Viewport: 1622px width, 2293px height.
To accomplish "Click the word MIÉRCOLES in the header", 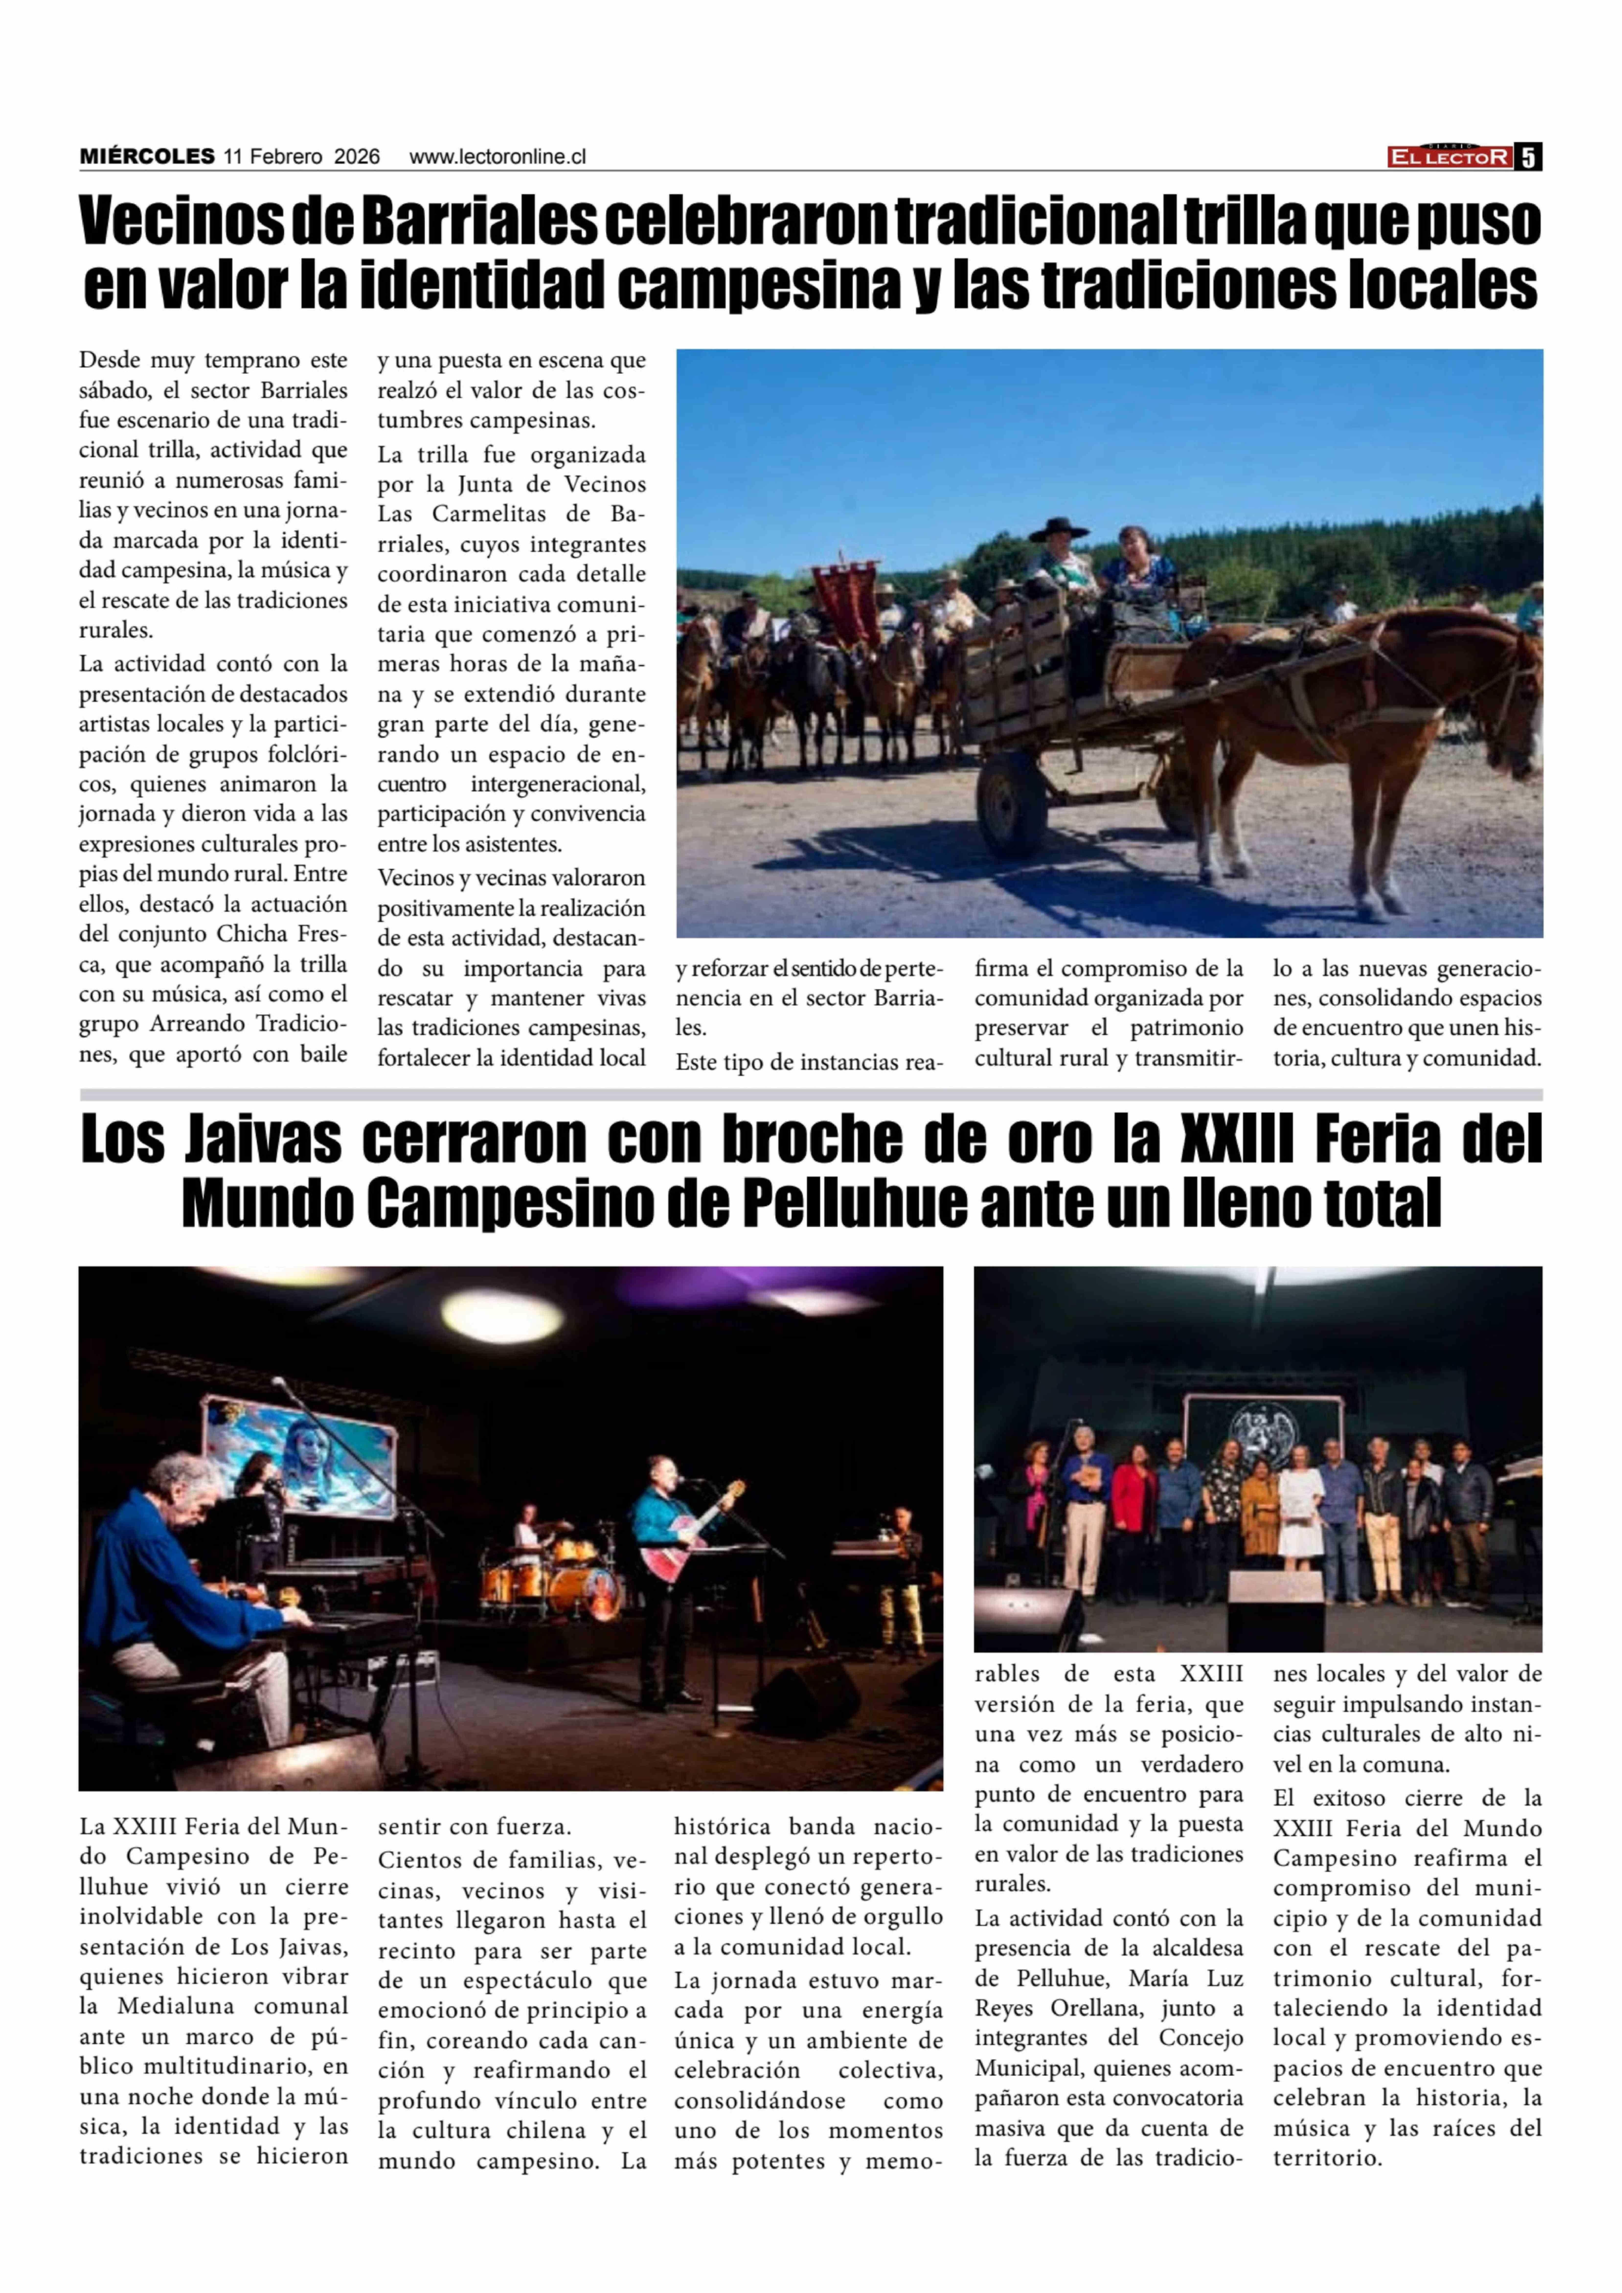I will (147, 157).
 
